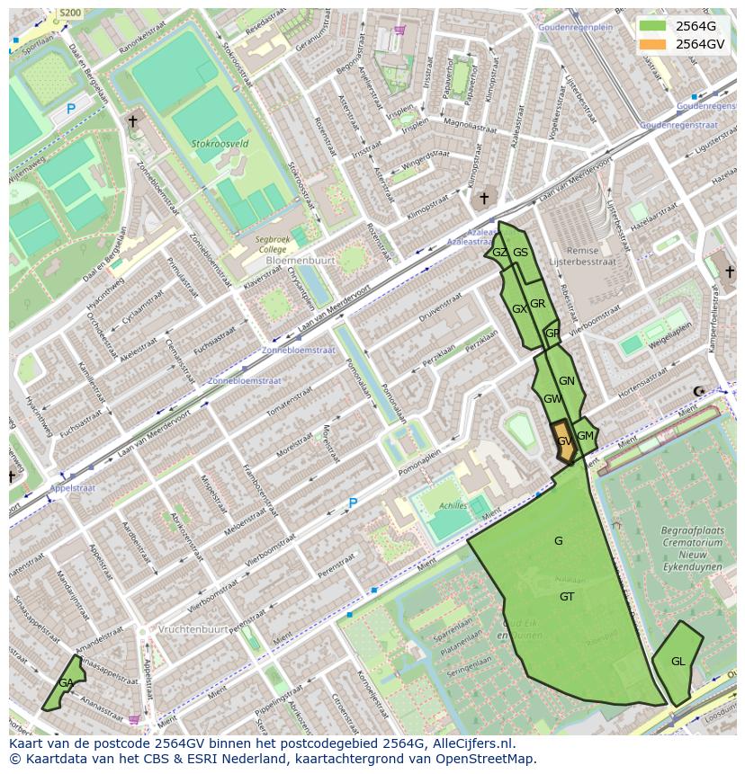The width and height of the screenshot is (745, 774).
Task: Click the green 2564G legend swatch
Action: pos(653,26)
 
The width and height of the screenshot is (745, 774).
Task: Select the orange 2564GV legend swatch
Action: pos(653,43)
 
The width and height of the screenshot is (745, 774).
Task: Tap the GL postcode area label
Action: pos(678,662)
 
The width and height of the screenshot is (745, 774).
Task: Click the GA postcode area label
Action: pos(67,683)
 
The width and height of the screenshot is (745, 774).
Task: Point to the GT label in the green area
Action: pos(567,597)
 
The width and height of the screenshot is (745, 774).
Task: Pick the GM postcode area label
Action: pos(586,436)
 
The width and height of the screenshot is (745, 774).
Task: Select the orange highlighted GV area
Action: pos(564,442)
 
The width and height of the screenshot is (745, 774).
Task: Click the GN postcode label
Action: pos(566,381)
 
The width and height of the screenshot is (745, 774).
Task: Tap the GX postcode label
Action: pos(519,309)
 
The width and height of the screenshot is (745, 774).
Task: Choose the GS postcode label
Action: pos(520,253)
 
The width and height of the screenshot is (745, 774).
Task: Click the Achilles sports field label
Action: pos(453,506)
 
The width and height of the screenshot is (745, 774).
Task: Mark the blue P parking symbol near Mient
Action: pos(353,503)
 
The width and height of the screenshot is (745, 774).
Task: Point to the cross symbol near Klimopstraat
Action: pos(483,198)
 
